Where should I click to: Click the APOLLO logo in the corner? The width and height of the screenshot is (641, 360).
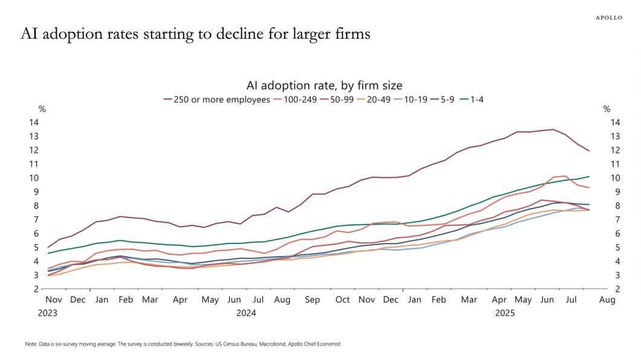click(x=609, y=18)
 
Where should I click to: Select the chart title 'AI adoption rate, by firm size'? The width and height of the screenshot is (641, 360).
click(x=324, y=85)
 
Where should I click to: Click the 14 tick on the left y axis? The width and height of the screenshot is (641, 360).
click(x=34, y=122)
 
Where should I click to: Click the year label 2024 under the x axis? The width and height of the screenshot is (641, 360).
click(x=246, y=313)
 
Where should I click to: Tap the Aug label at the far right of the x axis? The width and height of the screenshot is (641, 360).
click(x=607, y=300)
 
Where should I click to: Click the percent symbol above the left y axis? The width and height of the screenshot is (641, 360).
click(x=42, y=109)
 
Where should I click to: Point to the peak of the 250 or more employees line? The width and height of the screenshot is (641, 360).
click(x=553, y=129)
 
